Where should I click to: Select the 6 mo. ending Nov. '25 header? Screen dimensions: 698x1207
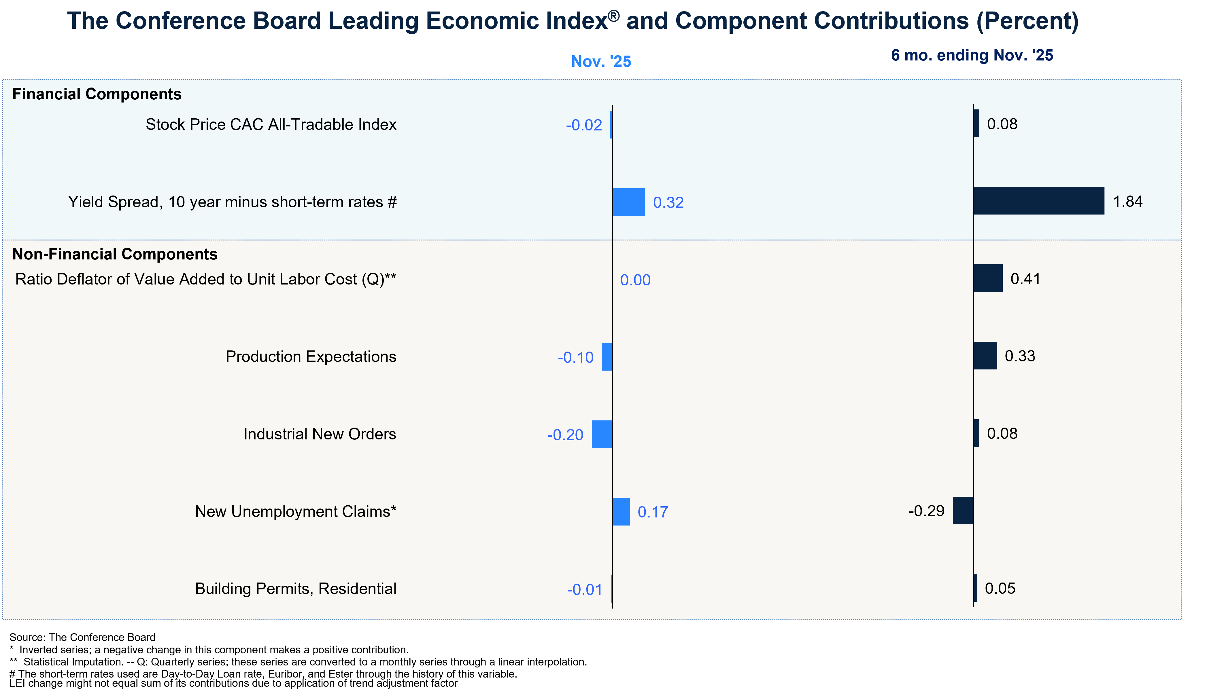pyautogui.click(x=972, y=56)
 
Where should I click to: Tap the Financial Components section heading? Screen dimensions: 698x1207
pyautogui.click(x=97, y=94)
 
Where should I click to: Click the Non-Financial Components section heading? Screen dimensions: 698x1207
pyautogui.click(x=115, y=254)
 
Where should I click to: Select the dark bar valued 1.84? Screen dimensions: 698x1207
pyautogui.click(x=1038, y=201)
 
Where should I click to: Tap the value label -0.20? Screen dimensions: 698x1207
pyautogui.click(x=565, y=435)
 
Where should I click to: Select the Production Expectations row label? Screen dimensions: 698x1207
pyautogui.click(x=311, y=357)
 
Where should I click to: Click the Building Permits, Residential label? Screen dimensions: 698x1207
pyautogui.click(x=296, y=588)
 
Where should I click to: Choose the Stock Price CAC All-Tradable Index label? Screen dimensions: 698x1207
pyautogui.click(x=271, y=124)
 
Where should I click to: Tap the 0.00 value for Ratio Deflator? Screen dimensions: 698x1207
pyautogui.click(x=635, y=280)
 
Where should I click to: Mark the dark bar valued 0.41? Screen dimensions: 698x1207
pyautogui.click(x=988, y=278)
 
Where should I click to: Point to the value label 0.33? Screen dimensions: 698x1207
pyautogui.click(x=1020, y=356)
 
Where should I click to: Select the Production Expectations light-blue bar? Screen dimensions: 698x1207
pyautogui.click(x=607, y=357)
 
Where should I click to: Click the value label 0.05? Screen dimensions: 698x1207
pyautogui.click(x=1000, y=588)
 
